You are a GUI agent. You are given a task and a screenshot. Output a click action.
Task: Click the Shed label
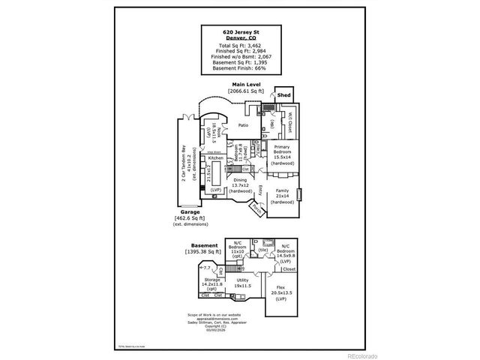284,96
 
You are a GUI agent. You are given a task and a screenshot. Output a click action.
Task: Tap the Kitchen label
216,158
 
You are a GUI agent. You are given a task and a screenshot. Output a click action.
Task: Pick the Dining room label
239,180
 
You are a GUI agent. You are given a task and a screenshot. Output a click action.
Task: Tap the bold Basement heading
203,245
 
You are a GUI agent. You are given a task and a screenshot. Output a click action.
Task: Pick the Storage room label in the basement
212,279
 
